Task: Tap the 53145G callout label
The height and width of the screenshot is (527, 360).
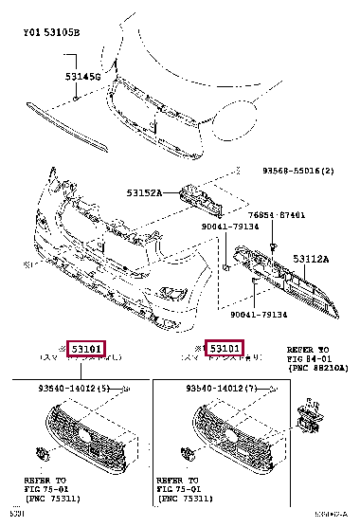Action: tap(82, 75)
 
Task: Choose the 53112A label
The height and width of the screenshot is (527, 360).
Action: tap(311, 258)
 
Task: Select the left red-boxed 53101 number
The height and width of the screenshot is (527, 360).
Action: tap(84, 348)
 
